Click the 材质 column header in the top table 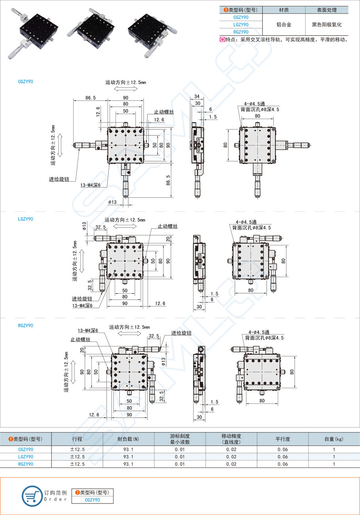[284, 10]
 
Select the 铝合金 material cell [284, 25]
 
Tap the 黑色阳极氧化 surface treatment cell [326, 25]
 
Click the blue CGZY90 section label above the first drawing [26, 82]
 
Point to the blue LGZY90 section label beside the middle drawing [26, 219]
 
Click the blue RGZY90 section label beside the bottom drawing [26, 325]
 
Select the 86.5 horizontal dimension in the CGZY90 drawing [90, 97]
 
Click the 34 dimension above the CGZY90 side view [197, 97]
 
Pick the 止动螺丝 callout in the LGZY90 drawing [167, 226]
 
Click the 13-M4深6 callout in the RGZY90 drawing [87, 330]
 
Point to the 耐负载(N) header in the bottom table [128, 439]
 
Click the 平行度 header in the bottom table [282, 439]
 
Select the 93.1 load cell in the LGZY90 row [128, 457]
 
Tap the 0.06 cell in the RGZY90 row [282, 464]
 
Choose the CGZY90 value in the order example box [92, 500]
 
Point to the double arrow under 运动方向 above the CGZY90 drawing [125, 89]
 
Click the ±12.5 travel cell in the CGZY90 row [77, 449]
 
